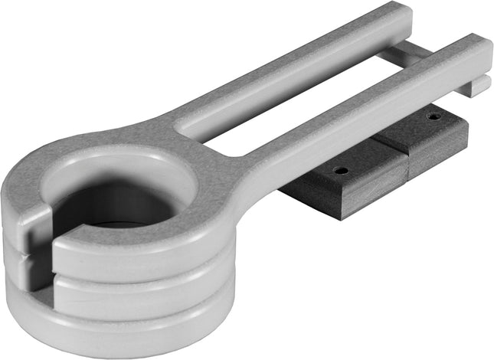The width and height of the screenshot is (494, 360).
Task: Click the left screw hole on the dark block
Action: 342,170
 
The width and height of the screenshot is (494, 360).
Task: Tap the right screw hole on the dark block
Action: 434,116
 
